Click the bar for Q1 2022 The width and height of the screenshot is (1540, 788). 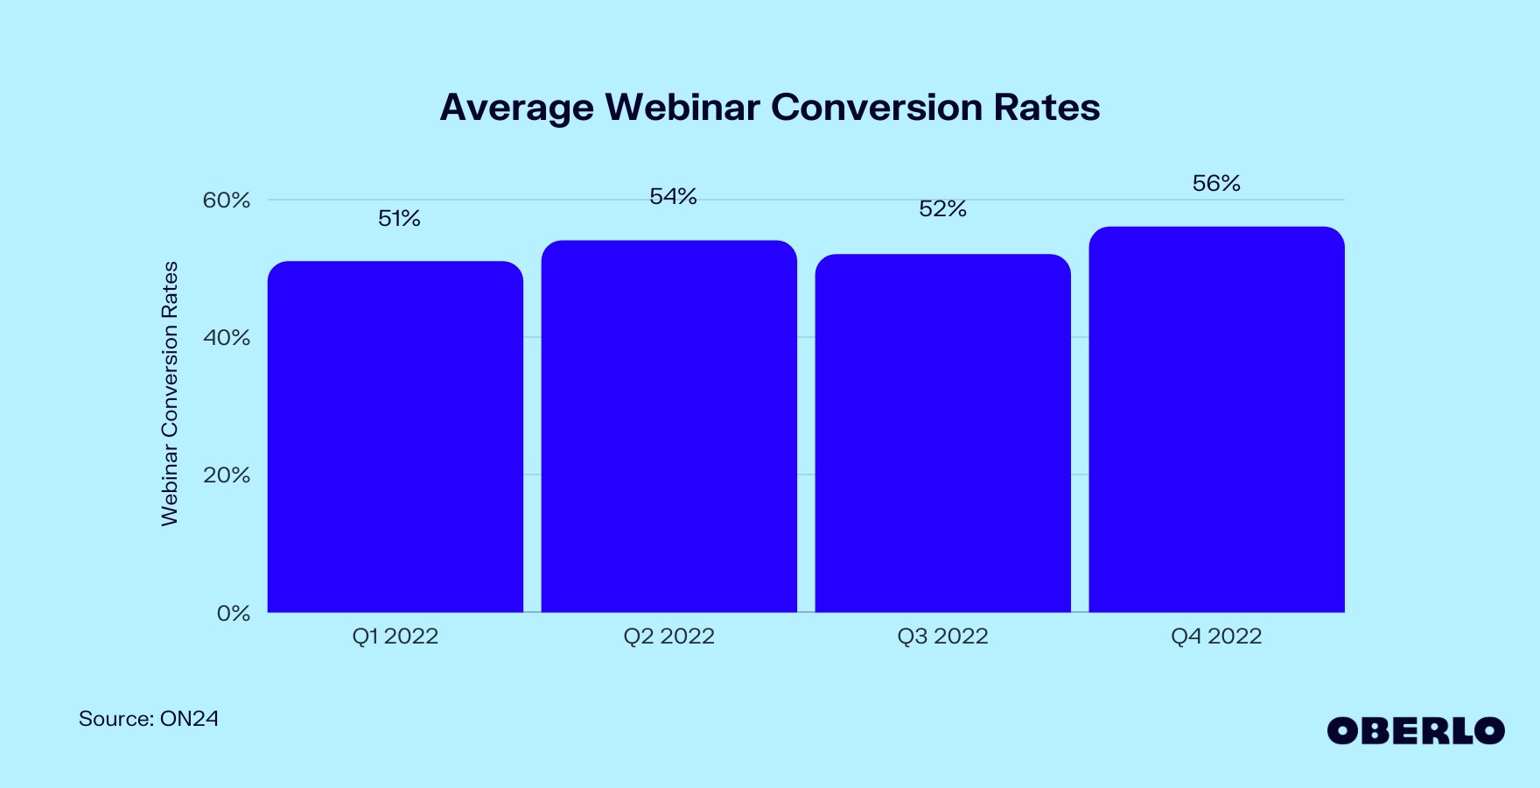tap(395, 436)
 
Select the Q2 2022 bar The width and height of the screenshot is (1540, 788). tap(669, 426)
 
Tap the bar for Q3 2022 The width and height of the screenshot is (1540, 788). tap(943, 433)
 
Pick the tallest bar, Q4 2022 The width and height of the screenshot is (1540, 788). tap(1217, 419)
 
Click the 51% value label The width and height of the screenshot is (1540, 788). tap(399, 218)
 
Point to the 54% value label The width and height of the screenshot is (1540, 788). tap(673, 197)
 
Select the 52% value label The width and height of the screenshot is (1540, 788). tap(942, 208)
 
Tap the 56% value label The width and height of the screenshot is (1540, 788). tap(1216, 183)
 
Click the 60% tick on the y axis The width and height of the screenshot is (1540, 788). tap(227, 201)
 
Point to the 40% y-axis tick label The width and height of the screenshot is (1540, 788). tap(227, 338)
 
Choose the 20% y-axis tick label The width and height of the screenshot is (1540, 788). tap(227, 475)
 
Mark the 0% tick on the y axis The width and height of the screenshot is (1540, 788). tap(234, 613)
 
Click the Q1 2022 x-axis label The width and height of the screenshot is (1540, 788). tap(395, 637)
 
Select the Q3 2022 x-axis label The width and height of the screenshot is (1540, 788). tap(943, 637)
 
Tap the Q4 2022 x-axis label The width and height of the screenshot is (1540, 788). tap(1217, 637)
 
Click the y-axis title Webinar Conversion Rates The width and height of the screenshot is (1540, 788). tap(170, 394)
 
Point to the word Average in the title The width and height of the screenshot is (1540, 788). tap(516, 108)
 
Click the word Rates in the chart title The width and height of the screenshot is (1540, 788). tap(1046, 107)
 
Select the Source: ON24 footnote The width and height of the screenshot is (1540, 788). tap(149, 719)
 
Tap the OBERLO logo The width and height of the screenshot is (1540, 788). tap(1416, 731)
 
